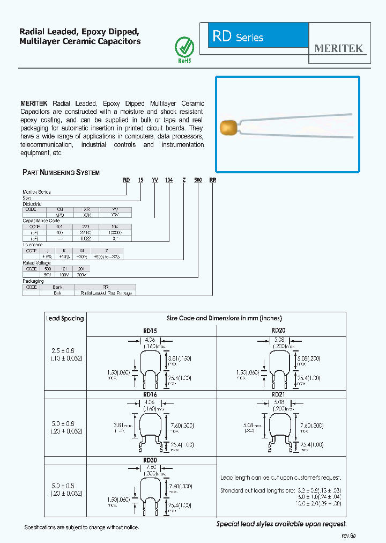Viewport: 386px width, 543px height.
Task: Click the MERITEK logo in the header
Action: point(339,48)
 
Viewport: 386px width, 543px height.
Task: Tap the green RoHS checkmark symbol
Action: point(184,46)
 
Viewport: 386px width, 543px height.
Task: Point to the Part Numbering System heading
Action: point(61,172)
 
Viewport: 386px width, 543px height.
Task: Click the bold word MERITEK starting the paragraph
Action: point(34,104)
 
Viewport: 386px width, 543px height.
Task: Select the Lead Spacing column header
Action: point(65,318)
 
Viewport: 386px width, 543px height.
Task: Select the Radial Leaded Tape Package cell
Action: point(106,293)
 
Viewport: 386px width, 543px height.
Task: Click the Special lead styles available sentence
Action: point(281,524)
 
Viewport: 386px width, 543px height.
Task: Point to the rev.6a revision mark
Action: point(348,535)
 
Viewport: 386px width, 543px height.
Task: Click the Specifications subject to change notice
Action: point(81,527)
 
